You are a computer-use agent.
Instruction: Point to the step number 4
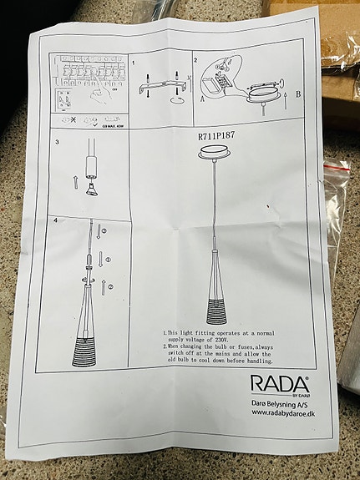[56, 220]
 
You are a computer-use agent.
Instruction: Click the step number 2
[195, 61]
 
